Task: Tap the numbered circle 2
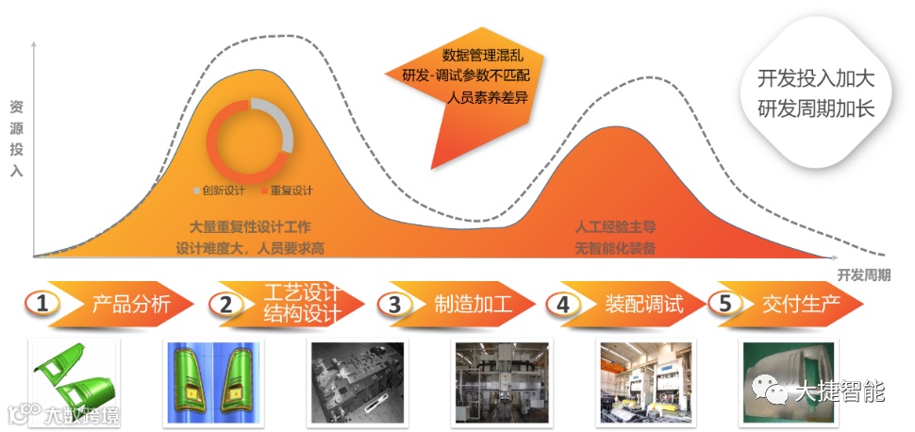(x=225, y=304)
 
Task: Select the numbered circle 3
(x=394, y=304)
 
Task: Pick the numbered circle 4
(x=563, y=304)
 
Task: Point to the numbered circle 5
(x=724, y=304)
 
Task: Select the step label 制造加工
(x=473, y=304)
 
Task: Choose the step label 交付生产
(x=802, y=304)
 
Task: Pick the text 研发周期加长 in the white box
(x=817, y=108)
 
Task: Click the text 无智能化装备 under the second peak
(x=615, y=249)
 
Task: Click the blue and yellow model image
(x=213, y=382)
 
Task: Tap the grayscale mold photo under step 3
(x=357, y=382)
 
